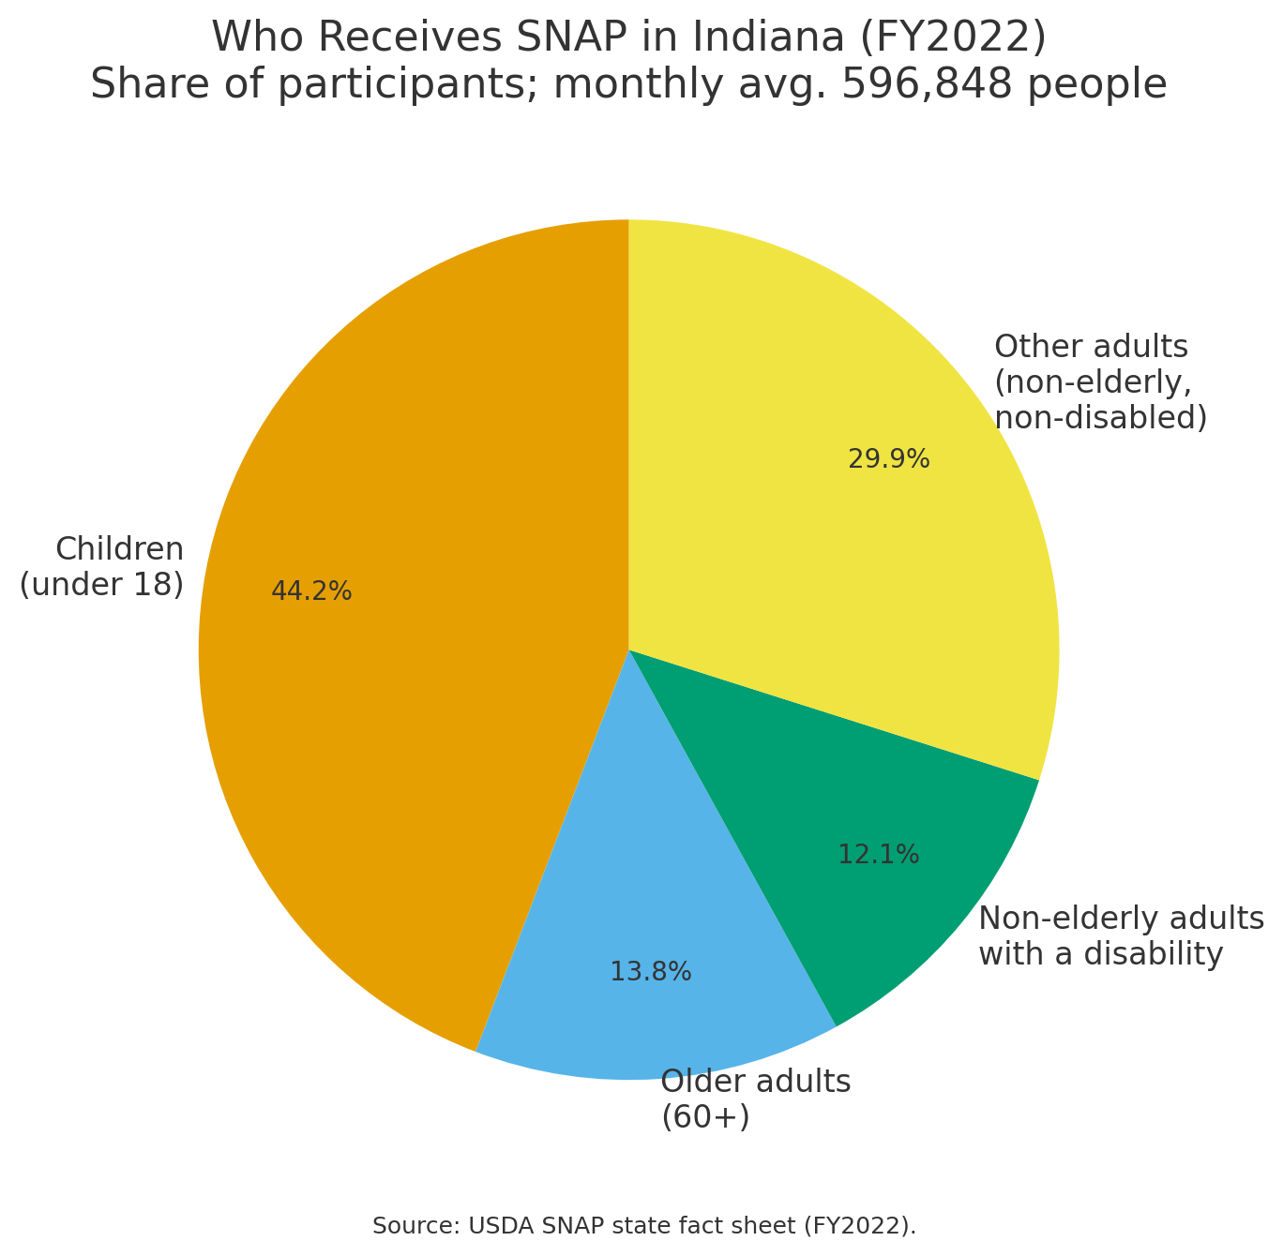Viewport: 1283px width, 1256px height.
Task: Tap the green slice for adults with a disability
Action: click(844, 844)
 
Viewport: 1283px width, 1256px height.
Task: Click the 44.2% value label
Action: click(311, 591)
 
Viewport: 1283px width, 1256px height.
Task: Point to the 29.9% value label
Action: click(888, 459)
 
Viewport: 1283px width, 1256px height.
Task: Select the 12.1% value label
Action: click(878, 855)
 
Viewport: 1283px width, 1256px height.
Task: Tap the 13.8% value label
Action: click(650, 972)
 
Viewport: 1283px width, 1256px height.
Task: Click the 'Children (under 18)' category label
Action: click(101, 566)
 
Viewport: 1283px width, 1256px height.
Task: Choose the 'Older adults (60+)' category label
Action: click(755, 1099)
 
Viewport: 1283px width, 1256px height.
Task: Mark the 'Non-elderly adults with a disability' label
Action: click(1121, 935)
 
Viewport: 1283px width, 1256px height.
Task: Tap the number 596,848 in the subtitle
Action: click(927, 85)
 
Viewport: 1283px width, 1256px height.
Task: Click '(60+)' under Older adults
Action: click(705, 1117)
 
